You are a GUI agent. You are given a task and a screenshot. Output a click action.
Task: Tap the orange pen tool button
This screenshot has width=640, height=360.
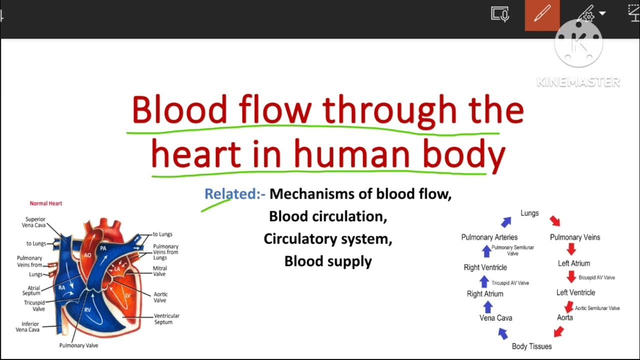coord(542,15)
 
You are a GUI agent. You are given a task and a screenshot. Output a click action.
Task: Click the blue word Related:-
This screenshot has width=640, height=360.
coord(234,194)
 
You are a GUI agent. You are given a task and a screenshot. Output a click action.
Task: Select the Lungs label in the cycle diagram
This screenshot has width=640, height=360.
coord(529,213)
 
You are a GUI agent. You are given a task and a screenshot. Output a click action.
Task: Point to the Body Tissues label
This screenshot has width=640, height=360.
coord(531,346)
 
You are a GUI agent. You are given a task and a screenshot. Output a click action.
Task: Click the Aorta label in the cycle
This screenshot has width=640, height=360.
coord(565,317)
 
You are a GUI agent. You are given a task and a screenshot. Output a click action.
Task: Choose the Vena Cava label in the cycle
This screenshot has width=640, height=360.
coord(495,318)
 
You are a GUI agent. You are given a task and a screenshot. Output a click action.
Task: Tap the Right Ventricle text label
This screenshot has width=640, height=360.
coord(485,267)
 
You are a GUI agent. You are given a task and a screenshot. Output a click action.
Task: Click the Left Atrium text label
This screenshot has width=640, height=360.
coord(574,263)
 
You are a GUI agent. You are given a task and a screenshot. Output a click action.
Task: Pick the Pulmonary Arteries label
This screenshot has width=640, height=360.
coord(489,237)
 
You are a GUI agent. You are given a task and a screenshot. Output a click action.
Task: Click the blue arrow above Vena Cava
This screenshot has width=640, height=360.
coord(488,306)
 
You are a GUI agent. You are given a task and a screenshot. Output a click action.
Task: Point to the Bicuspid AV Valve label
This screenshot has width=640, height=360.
coord(596,277)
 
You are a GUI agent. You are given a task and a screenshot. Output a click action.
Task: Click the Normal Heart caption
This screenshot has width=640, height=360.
coord(45,203)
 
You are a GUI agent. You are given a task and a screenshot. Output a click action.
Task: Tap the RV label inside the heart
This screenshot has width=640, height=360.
coord(87,310)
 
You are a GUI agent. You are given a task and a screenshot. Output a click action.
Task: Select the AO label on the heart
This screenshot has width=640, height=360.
coord(87,255)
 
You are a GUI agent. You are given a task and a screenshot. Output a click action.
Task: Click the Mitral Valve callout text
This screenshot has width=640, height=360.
coord(160,271)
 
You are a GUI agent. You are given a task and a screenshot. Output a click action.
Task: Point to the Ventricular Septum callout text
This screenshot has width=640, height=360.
coord(166,319)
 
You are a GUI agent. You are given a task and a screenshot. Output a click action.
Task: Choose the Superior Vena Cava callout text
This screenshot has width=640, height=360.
coord(35,222)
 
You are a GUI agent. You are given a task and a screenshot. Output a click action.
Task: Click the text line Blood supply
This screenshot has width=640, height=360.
coord(328,261)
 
